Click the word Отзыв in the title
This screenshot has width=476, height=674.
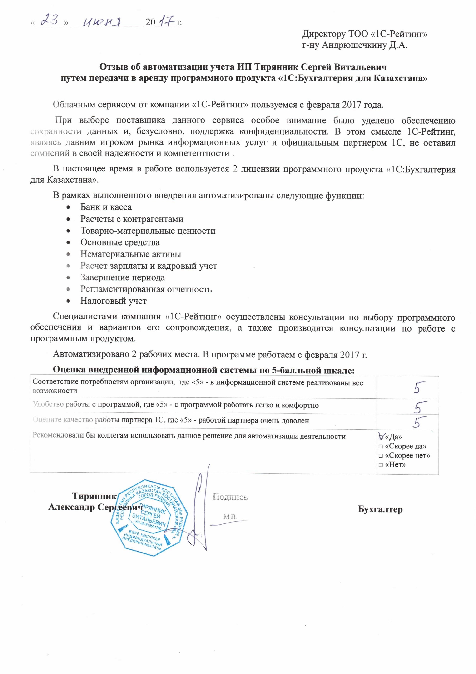point(113,67)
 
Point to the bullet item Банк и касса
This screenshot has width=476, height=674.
point(106,207)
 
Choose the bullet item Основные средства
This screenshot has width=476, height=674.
point(120,242)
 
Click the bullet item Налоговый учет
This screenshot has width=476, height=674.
point(113,301)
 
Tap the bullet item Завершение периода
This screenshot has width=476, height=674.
point(123,277)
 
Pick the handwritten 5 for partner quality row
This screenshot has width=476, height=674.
point(418,422)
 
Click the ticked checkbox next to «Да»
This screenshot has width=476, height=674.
point(381,437)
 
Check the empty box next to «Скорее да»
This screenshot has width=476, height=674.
point(381,447)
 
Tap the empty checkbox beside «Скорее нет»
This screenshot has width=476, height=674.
point(381,456)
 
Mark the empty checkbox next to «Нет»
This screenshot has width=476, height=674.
point(381,465)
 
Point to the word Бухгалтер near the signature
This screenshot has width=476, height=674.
point(380,509)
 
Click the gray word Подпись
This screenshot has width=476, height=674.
point(230,497)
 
